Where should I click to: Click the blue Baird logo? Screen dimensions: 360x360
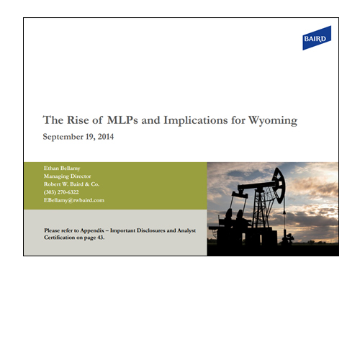point(317,38)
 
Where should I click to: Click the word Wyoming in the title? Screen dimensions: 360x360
point(273,120)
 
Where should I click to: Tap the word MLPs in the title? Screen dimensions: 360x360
point(122,120)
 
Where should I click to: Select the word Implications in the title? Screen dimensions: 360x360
point(196,120)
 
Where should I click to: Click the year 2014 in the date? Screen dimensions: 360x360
point(106,137)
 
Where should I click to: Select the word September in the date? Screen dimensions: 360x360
point(63,137)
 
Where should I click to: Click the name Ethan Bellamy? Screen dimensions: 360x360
point(62,168)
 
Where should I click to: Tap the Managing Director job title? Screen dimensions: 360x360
point(67,176)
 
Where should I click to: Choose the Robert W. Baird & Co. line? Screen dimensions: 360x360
point(71,184)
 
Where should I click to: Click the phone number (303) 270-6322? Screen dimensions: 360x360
point(61,192)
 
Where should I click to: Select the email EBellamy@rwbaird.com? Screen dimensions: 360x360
point(74,200)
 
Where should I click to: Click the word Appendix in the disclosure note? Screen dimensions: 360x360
point(92,230)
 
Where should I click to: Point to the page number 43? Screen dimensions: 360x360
point(101,238)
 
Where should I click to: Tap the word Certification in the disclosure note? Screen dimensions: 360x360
point(60,238)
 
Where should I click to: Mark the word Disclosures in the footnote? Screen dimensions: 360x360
point(151,230)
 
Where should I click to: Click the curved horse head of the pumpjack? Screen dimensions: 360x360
point(279,185)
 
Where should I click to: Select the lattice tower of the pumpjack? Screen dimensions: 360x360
point(263,207)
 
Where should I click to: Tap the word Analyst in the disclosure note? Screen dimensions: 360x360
point(186,230)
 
